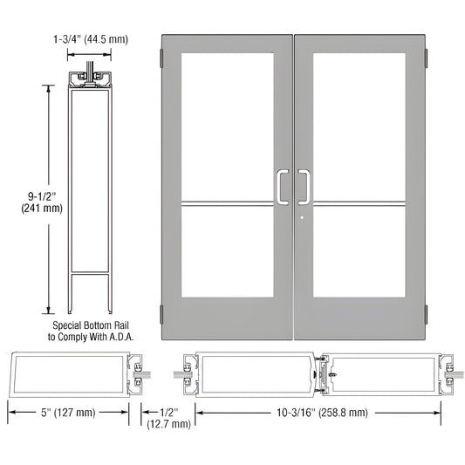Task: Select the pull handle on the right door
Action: (304, 186)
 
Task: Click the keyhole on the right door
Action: (299, 218)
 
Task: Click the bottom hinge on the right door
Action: (425, 314)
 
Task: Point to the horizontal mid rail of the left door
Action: (228, 206)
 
